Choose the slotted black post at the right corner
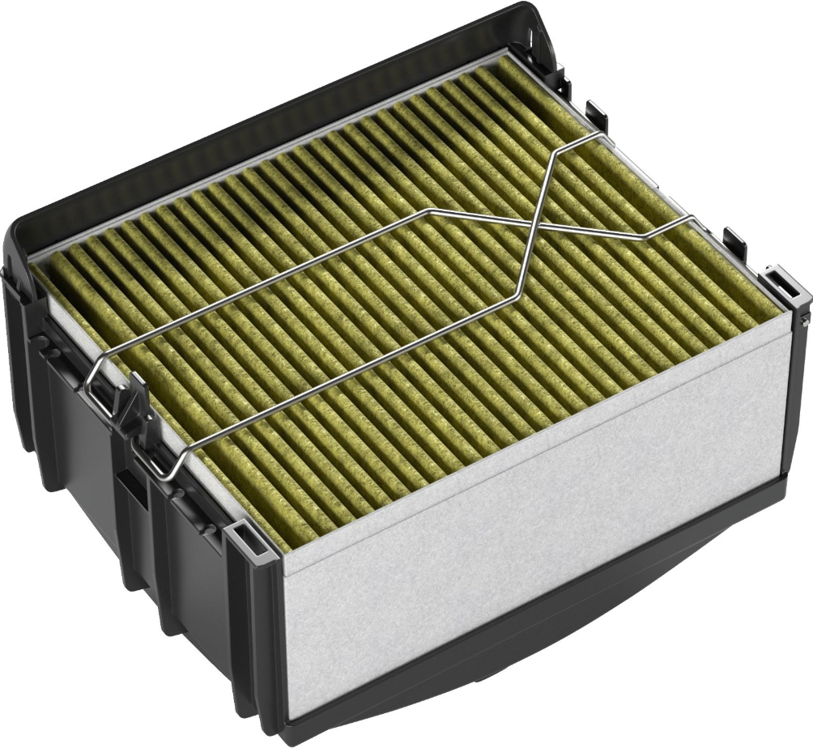click(783, 287)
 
